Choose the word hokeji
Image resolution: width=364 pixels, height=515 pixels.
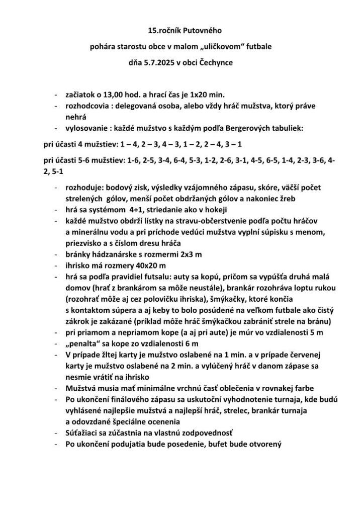click(x=217, y=210)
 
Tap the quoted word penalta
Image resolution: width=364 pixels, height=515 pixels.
click(x=84, y=344)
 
